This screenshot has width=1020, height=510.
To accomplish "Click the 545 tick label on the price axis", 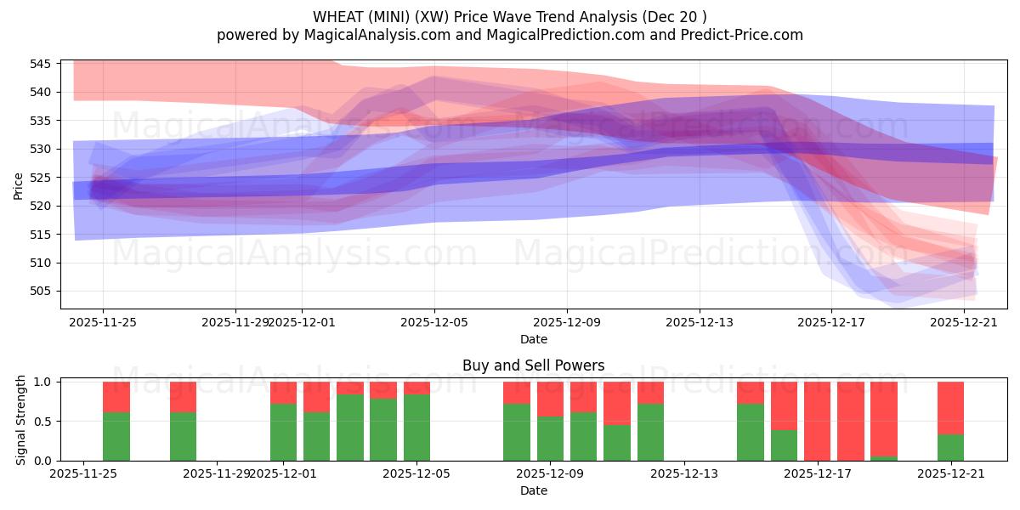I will (42, 64).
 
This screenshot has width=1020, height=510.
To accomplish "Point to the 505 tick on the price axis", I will (42, 291).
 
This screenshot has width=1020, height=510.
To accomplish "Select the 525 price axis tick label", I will (42, 178).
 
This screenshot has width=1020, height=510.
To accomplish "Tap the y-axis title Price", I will (19, 184).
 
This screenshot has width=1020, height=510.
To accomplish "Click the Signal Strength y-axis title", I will (21, 421).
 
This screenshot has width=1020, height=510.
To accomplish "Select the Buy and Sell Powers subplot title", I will (533, 365).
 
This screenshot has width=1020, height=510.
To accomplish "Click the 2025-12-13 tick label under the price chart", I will (700, 322).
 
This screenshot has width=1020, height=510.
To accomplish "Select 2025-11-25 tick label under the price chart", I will (103, 322).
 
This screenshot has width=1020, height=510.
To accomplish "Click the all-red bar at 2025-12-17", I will (817, 421).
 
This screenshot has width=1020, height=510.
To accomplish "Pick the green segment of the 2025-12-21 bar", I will (950, 447).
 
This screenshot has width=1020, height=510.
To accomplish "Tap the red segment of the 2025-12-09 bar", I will (550, 399).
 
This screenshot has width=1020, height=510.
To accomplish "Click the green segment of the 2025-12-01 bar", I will (283, 432).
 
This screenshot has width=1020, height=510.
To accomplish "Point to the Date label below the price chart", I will (533, 339).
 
